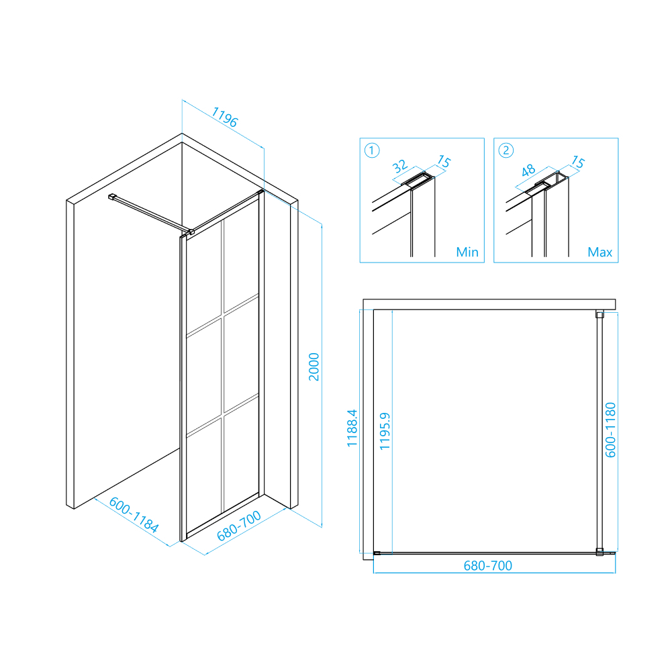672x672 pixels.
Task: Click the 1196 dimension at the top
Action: point(224,117)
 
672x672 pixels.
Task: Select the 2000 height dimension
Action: point(314,367)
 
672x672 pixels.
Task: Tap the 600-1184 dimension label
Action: point(134,514)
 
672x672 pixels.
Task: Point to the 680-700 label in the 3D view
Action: point(239,526)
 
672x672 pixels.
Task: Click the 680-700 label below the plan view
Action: point(487,566)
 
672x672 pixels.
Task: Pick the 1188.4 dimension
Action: point(352,428)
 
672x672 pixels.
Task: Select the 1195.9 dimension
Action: point(385,431)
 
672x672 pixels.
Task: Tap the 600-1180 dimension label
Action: point(610,430)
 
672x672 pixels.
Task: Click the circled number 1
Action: point(371,150)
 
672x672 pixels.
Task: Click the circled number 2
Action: point(506,150)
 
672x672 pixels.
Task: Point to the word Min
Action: point(467,252)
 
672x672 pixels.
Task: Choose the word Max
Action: point(600,252)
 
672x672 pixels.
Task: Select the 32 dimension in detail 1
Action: point(399,166)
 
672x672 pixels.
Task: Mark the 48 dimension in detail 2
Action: point(528,170)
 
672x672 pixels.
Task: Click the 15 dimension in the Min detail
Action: point(444,162)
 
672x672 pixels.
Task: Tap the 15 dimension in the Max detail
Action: point(578,162)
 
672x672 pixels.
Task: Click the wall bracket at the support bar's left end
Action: point(112,197)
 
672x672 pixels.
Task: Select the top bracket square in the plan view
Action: point(599,315)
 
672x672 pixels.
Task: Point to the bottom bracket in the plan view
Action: point(599,552)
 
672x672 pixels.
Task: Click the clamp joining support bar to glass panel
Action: point(190,232)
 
